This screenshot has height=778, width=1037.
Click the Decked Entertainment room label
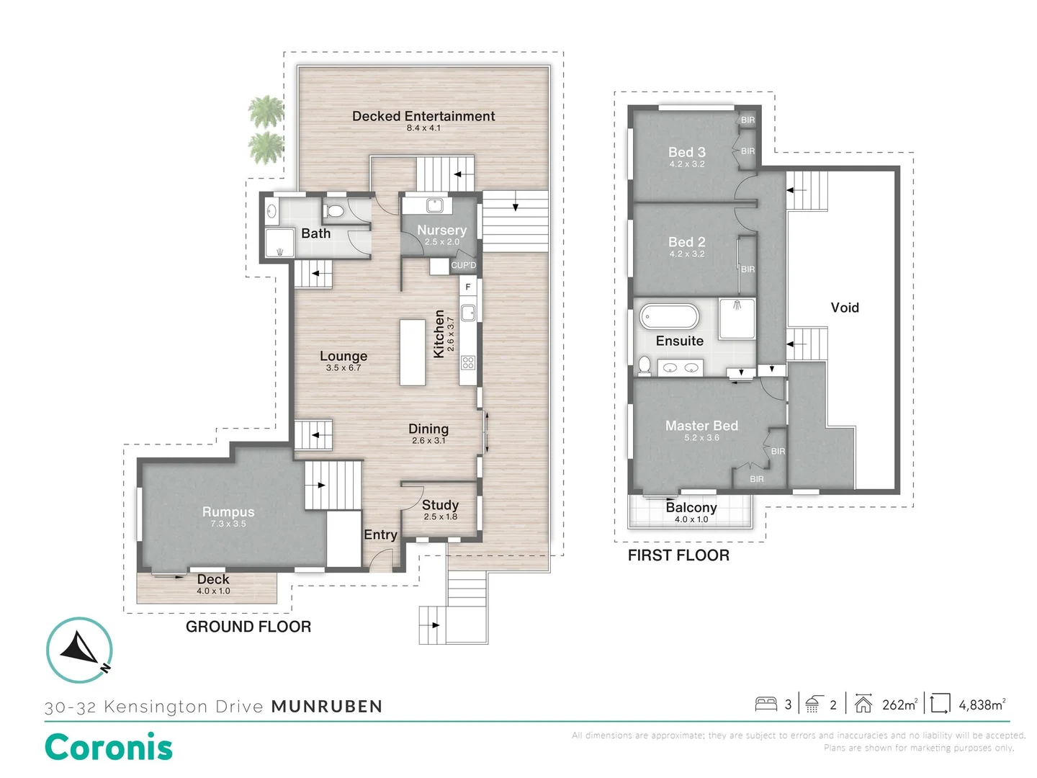point(423,116)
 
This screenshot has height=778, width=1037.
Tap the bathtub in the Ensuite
point(669,316)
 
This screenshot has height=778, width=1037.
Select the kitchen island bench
point(413,353)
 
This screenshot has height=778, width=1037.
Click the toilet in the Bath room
point(334,210)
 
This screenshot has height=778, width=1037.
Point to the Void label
point(845,308)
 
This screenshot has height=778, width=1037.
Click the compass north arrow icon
point(79,649)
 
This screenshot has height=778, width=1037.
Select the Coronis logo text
point(109,747)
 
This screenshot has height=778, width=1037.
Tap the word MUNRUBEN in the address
point(327,707)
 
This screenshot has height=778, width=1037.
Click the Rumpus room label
point(228,511)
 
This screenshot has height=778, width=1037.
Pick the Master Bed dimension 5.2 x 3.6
point(701,438)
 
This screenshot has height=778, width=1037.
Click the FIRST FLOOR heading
point(678,555)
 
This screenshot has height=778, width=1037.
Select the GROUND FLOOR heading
point(248,627)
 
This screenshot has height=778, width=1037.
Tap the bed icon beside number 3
point(766,704)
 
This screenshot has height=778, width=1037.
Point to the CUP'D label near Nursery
point(463,265)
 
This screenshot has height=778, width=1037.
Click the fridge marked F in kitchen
point(468,287)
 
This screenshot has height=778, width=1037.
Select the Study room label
point(440,505)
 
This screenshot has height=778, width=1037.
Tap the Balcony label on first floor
point(691,507)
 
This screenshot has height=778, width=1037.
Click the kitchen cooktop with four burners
point(468,362)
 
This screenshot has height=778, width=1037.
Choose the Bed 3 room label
point(686,152)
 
